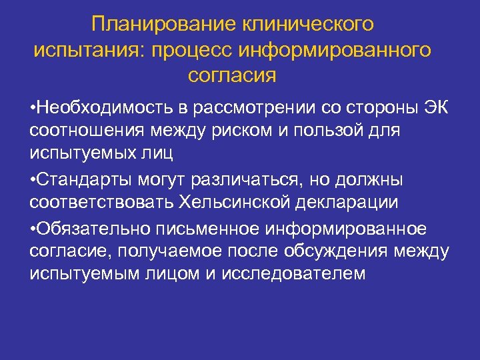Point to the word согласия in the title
pyautogui.click(x=231, y=75)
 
